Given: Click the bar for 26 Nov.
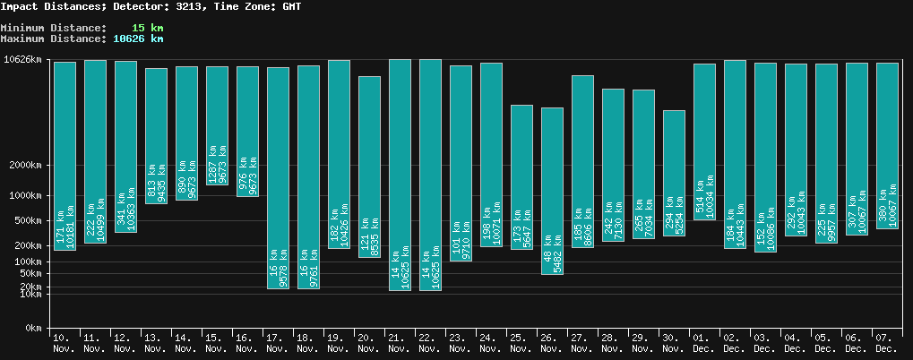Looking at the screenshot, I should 552,191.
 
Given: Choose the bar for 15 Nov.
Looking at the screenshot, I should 217,125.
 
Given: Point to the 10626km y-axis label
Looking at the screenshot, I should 23,60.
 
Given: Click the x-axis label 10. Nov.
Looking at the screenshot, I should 65,342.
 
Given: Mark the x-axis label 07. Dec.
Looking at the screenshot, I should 886,342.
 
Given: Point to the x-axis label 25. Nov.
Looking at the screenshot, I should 521,342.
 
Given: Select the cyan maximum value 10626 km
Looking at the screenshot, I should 138,39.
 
